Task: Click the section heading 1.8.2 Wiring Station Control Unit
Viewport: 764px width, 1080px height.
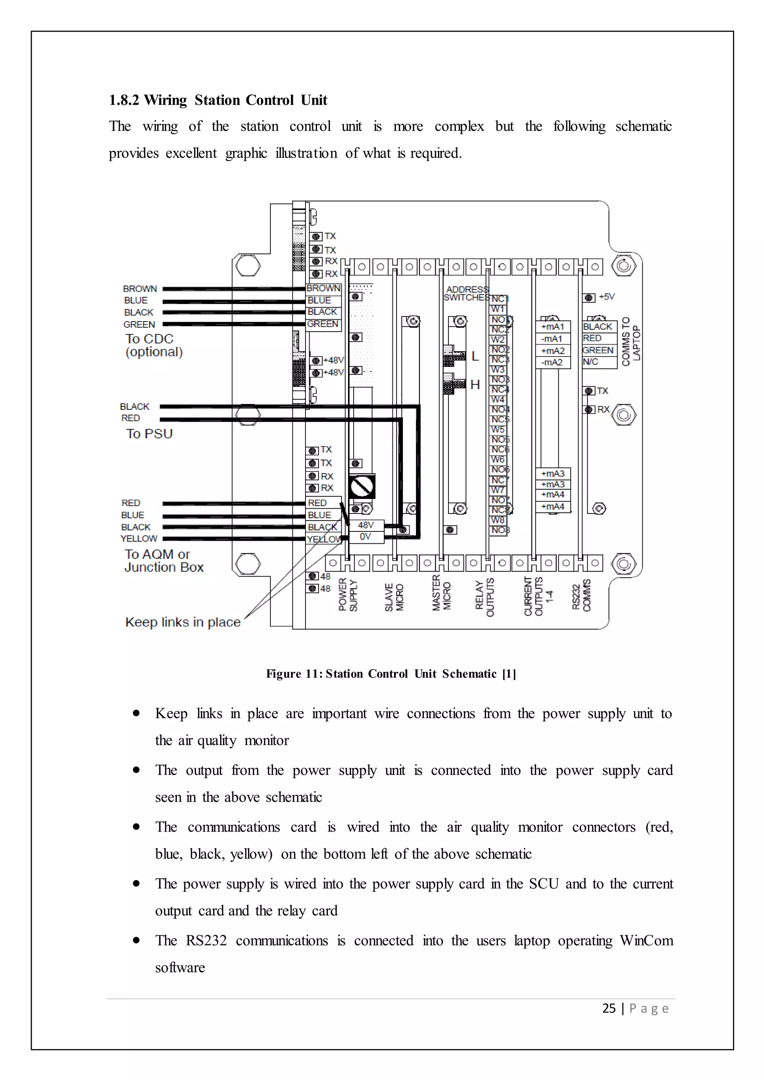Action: (x=218, y=100)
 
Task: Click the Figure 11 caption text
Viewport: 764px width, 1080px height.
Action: (x=391, y=674)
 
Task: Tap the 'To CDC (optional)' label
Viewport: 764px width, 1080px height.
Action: (x=153, y=345)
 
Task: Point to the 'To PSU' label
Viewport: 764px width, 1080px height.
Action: (x=149, y=434)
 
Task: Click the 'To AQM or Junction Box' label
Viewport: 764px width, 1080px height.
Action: (x=163, y=561)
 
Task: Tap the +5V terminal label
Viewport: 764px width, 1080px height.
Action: (x=607, y=297)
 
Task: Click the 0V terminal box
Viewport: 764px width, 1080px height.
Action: (x=366, y=537)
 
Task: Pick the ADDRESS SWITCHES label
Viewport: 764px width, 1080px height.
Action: (x=466, y=293)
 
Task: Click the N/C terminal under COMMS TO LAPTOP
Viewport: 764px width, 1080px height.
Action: (x=591, y=362)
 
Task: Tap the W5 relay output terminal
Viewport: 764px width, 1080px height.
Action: (x=498, y=430)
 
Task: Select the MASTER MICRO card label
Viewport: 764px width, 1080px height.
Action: (x=442, y=593)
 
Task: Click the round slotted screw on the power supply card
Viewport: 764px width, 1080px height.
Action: (x=362, y=487)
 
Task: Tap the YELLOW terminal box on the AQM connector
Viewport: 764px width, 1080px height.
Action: (x=324, y=539)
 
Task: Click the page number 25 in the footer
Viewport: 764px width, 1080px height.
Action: (x=609, y=1008)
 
